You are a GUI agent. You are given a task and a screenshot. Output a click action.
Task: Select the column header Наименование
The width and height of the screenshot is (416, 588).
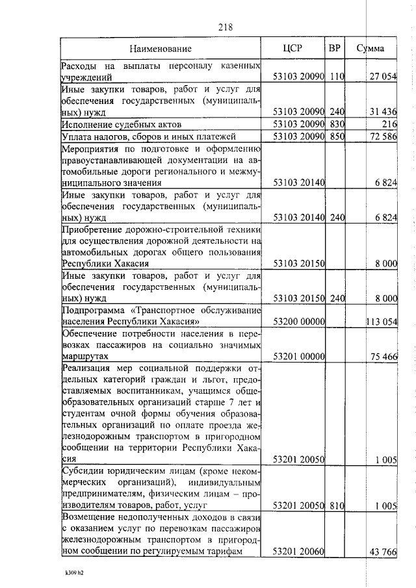160,49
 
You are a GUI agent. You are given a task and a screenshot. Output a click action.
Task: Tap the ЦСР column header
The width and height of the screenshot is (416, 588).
293,48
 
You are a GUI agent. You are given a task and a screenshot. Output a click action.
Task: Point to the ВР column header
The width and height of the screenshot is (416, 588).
335,48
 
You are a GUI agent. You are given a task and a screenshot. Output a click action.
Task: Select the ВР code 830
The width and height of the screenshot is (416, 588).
336,124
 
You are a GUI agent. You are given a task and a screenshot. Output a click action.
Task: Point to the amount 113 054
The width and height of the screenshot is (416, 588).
382,321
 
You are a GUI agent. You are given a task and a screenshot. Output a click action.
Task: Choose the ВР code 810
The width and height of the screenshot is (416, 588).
336,505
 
